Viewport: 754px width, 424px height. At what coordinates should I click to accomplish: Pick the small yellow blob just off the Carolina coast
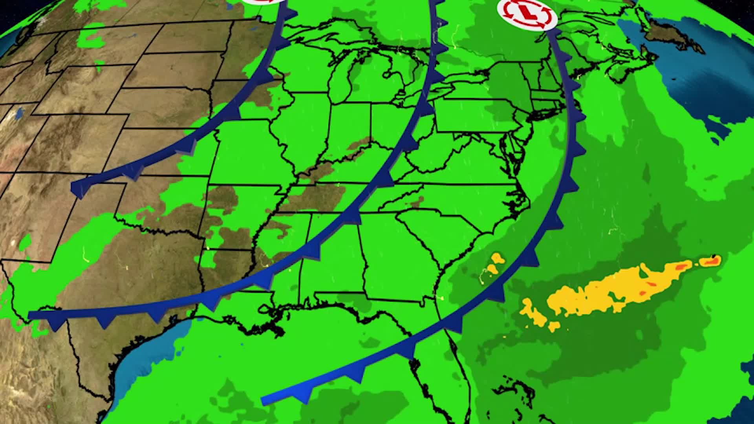(x=498, y=258)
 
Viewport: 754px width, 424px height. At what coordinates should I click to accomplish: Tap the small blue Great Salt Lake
(x=18, y=114)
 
